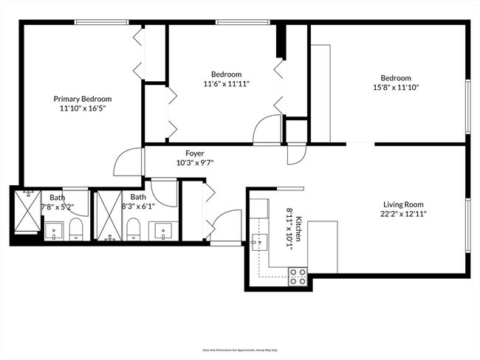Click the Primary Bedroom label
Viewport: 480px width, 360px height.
click(x=82, y=98)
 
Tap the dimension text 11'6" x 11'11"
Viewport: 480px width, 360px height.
click(x=227, y=84)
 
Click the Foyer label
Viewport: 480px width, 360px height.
click(x=195, y=153)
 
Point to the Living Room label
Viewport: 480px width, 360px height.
click(x=404, y=204)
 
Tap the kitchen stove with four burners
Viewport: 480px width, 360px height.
click(x=298, y=277)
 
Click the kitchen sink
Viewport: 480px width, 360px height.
click(x=258, y=240)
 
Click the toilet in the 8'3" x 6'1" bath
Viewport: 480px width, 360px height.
click(x=134, y=230)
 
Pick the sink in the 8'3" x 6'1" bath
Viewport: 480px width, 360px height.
click(x=162, y=231)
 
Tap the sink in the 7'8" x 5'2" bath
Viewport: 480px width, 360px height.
click(x=55, y=232)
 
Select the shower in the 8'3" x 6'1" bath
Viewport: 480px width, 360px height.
click(x=109, y=215)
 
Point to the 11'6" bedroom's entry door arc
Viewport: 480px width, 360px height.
click(x=265, y=129)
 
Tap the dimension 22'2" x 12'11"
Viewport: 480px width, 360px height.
click(x=404, y=214)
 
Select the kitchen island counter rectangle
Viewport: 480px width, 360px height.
click(x=322, y=246)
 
